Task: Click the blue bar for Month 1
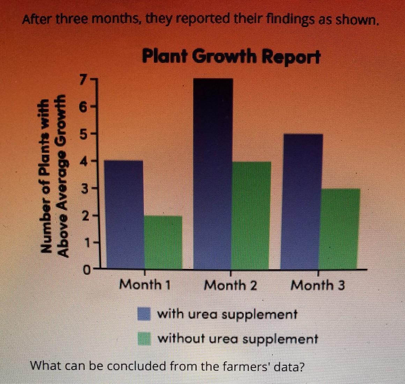[x=124, y=215]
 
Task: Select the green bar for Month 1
[x=163, y=242]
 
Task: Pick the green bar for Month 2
[x=251, y=215]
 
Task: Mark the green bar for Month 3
[x=340, y=229]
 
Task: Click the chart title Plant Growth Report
[x=231, y=57]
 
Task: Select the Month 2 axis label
[x=231, y=285]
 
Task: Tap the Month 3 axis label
[x=318, y=285]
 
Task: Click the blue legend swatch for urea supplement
[x=144, y=314]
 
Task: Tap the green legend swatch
[x=144, y=338]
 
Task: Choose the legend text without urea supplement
[x=237, y=339]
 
